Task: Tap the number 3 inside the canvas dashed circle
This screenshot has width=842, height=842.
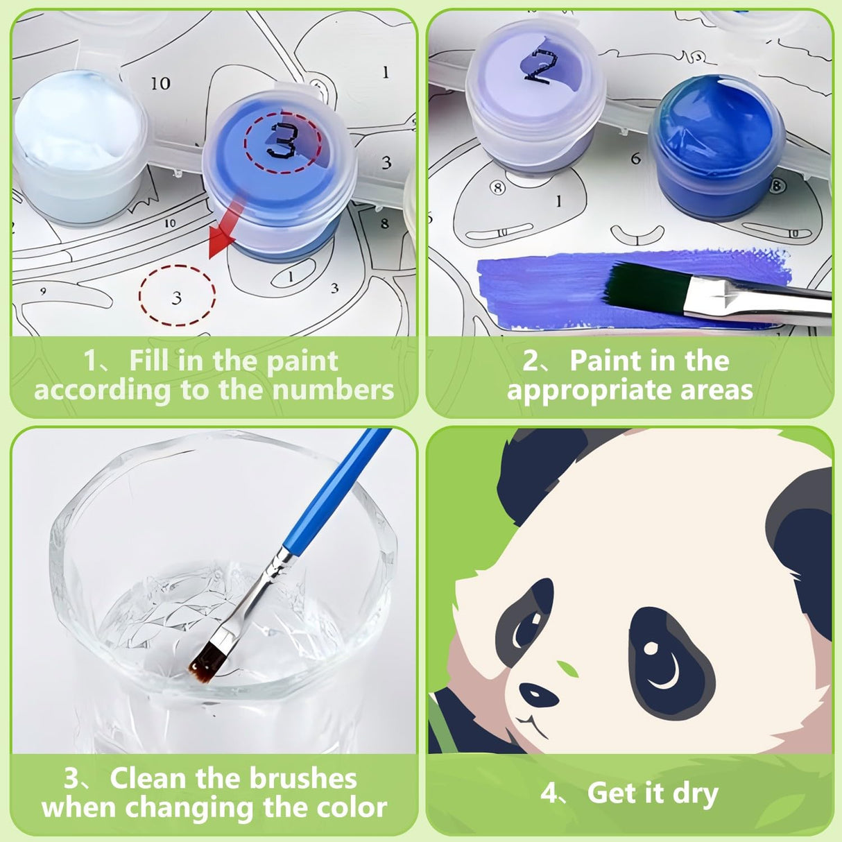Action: [x=177, y=298]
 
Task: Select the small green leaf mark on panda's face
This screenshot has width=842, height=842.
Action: [x=569, y=669]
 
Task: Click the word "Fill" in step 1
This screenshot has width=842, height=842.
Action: [x=150, y=361]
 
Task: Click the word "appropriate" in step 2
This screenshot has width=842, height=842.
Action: [x=590, y=390]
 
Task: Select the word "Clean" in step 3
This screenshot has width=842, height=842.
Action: [x=148, y=778]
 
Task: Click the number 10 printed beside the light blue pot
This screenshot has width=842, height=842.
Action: [x=160, y=83]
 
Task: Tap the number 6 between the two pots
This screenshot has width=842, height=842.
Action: [x=635, y=159]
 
